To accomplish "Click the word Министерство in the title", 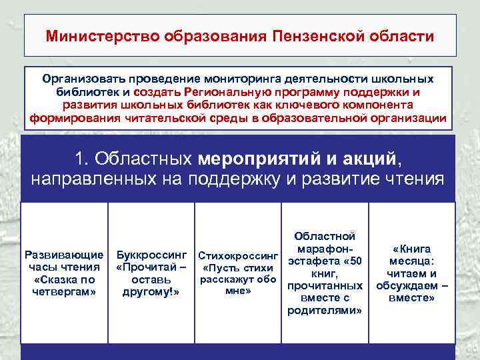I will (x=94, y=35).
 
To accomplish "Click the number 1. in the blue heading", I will (x=83, y=159).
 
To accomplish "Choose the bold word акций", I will (x=370, y=159).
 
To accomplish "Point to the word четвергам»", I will (x=64, y=291).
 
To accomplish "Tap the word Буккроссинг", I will (x=151, y=255).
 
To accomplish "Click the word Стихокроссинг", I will (x=238, y=256).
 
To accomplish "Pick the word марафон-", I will (x=325, y=249).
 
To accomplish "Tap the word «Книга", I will (x=411, y=249).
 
